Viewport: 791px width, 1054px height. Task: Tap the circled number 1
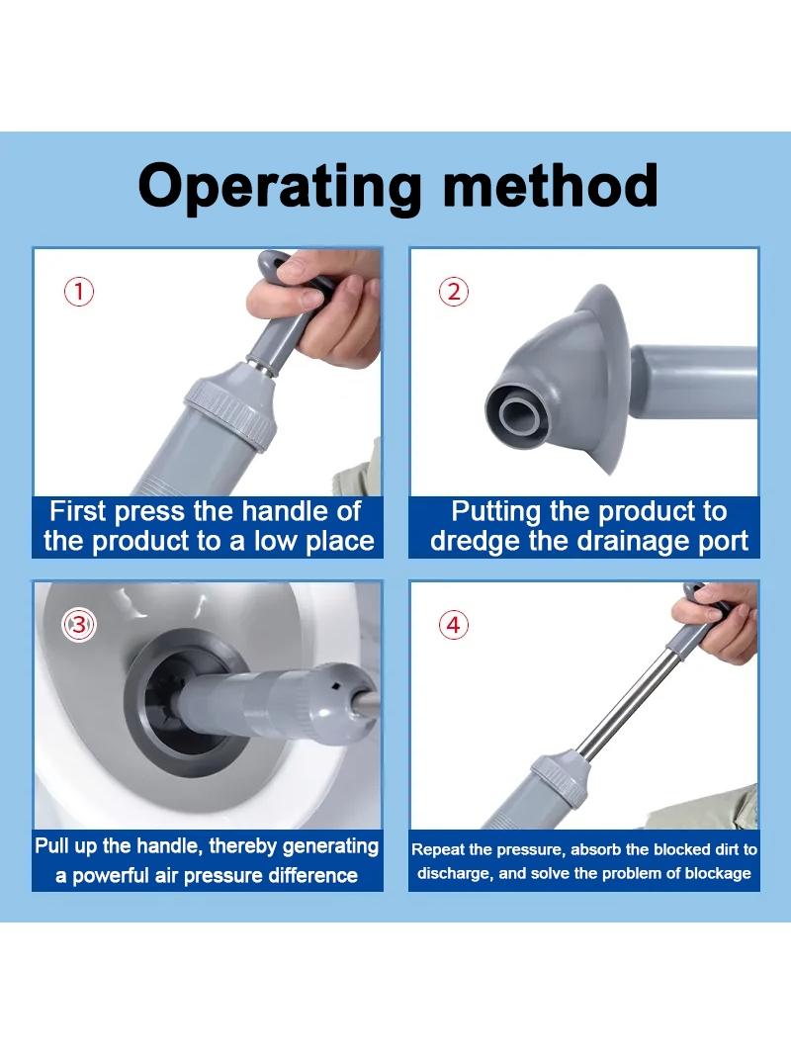click(79, 293)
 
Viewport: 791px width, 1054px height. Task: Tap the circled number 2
click(454, 293)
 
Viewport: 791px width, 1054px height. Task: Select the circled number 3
click(79, 625)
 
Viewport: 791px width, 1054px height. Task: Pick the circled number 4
click(454, 625)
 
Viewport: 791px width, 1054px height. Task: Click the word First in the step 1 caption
click(78, 511)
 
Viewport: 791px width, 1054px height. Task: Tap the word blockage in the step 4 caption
click(721, 873)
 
